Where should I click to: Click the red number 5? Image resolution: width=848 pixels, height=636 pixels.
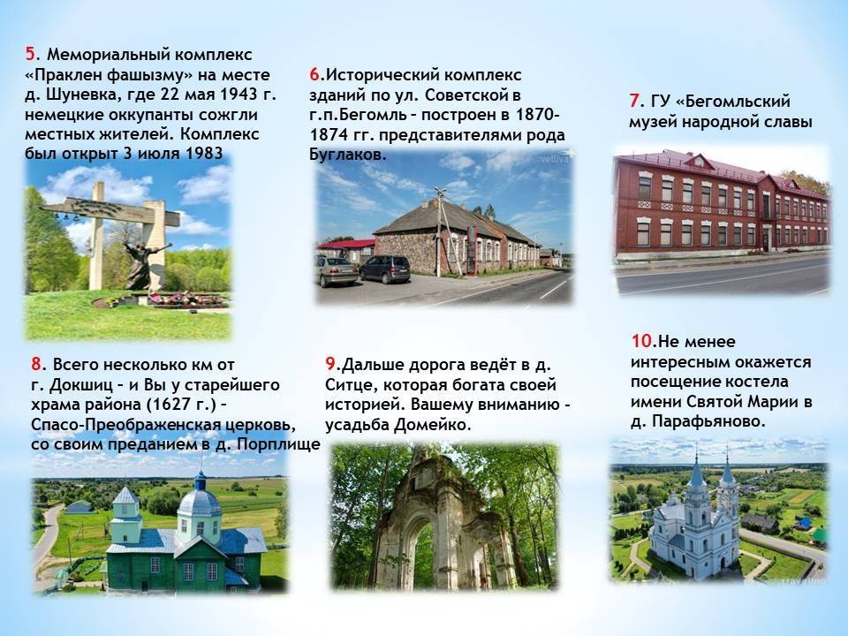[x=30, y=54]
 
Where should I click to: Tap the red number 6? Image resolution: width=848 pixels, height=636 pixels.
[x=314, y=74]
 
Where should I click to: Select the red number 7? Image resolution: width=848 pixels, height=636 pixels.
[x=634, y=101]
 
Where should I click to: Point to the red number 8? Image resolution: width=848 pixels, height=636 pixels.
[x=36, y=363]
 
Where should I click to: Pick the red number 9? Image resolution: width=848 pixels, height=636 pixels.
[x=330, y=363]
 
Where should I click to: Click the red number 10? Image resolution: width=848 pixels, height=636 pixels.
[x=642, y=341]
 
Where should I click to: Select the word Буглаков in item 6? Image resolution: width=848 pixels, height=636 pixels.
[x=346, y=154]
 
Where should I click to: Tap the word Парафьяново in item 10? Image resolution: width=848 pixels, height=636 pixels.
[x=709, y=421]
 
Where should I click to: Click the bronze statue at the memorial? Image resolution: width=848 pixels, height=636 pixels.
[x=141, y=266]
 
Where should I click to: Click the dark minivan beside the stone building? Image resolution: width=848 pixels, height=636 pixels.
[x=384, y=269]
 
